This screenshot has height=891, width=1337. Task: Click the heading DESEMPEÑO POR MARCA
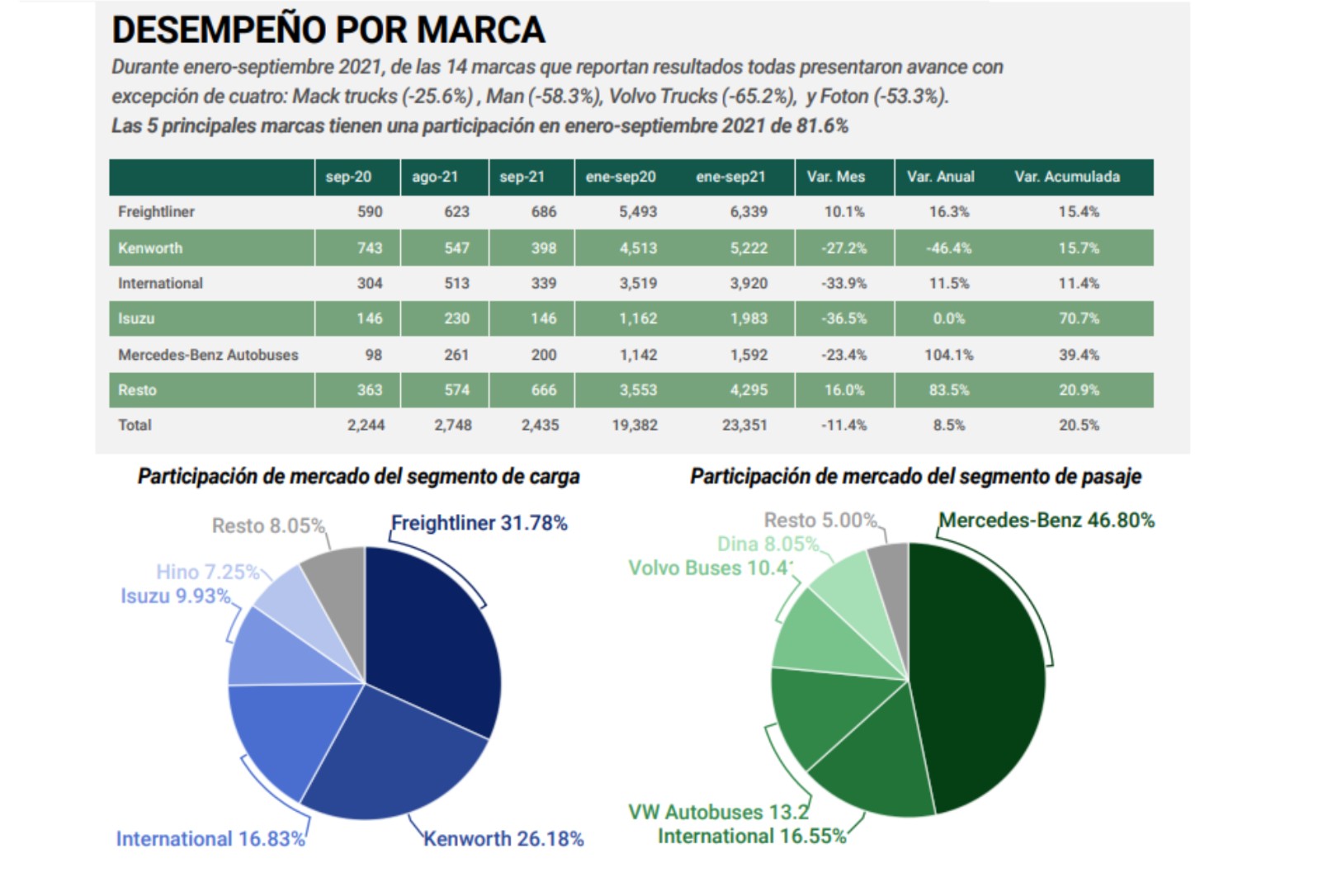(x=328, y=31)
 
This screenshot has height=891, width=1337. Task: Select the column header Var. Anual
(x=940, y=177)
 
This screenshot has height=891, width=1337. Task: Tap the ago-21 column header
(x=435, y=177)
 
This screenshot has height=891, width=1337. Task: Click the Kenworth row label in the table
(x=150, y=248)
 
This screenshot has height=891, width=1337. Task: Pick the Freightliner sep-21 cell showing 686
(x=543, y=212)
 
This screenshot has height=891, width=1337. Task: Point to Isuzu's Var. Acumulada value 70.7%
(x=1079, y=318)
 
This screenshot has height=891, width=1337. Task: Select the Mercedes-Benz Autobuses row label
(x=208, y=355)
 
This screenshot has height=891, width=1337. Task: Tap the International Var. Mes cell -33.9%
(x=843, y=284)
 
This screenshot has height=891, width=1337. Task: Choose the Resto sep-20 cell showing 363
(x=369, y=390)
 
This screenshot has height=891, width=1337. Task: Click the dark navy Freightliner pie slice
(x=429, y=635)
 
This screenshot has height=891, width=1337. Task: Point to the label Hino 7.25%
(x=208, y=572)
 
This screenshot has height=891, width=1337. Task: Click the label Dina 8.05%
(x=768, y=544)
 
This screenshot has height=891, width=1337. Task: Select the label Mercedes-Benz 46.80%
(x=1046, y=521)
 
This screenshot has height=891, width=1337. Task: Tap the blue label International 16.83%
(x=210, y=839)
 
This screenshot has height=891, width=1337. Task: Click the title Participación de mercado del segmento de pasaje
(x=915, y=477)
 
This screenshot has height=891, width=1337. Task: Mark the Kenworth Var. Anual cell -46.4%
(x=948, y=248)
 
